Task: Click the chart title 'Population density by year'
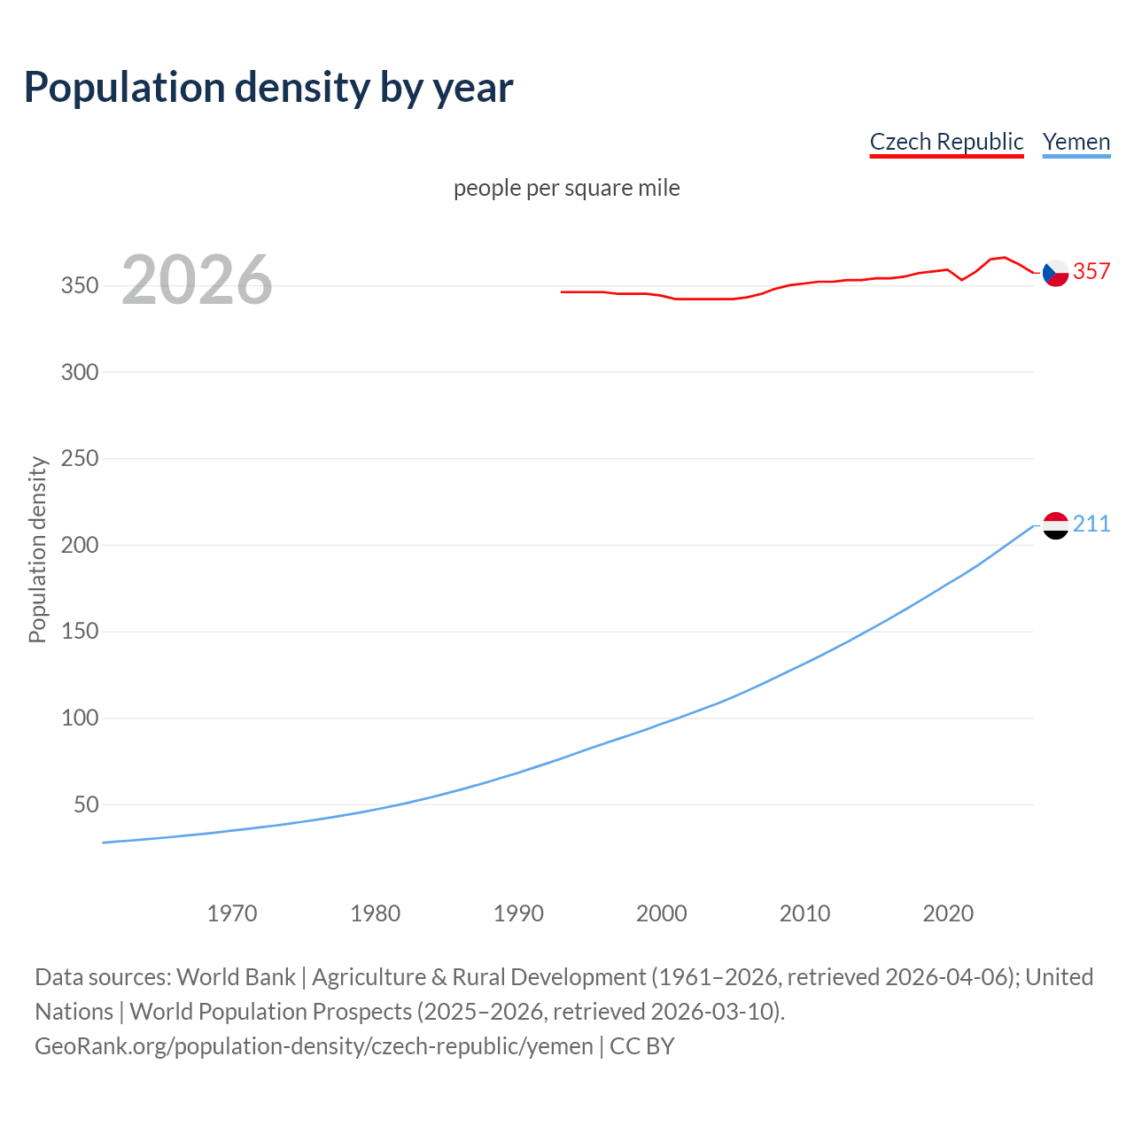(x=268, y=88)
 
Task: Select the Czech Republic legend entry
(x=946, y=142)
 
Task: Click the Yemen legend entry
(x=1076, y=142)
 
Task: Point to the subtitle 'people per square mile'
(x=566, y=188)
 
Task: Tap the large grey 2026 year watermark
(x=197, y=280)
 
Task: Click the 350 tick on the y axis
(x=80, y=286)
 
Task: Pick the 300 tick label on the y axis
(x=80, y=372)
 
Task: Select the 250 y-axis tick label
(x=80, y=459)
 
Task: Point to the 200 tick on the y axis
(x=80, y=546)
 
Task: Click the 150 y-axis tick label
(x=80, y=632)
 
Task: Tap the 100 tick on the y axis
(x=80, y=718)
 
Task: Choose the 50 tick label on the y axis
(x=86, y=805)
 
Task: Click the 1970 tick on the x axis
(x=232, y=913)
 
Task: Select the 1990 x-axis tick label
(x=518, y=913)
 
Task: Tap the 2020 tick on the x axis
(x=948, y=913)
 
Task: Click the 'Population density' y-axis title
(x=37, y=549)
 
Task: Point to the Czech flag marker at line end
(x=1055, y=273)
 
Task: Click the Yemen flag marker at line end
(x=1055, y=525)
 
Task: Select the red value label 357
(x=1091, y=271)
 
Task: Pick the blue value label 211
(x=1091, y=524)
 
